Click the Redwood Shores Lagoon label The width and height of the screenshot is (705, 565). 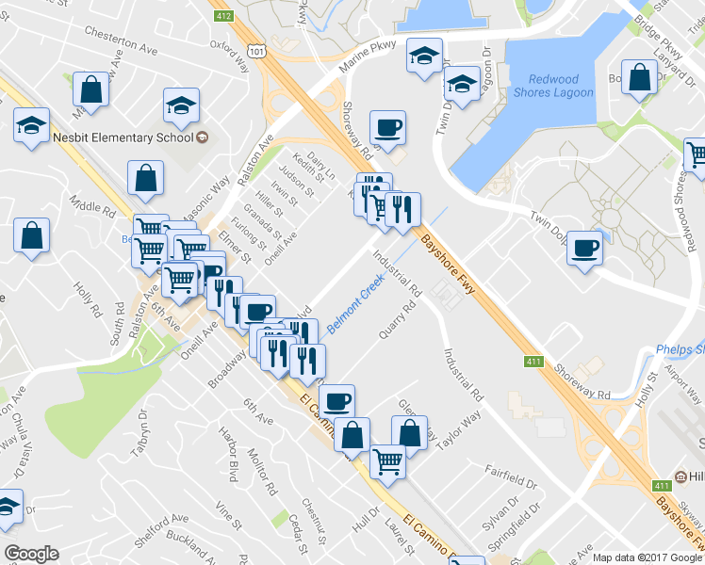pos(561,86)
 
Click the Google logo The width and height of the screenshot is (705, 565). pos(31,553)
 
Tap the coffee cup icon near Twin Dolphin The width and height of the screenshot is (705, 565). pos(585,249)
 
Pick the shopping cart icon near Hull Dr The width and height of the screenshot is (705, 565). pos(388,460)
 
